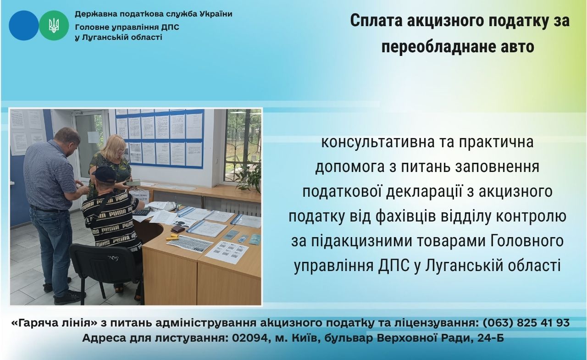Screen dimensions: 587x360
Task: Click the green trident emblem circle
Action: coord(54,25)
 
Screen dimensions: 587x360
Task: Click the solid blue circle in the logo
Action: coord(24,25)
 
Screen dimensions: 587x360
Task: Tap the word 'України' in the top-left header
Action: coord(216,14)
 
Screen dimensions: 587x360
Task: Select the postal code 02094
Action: coord(249,338)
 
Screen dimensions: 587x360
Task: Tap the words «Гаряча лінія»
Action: coord(55,323)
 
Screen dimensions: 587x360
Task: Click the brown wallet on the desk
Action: coord(177,229)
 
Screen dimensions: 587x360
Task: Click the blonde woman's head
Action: coord(115,146)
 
